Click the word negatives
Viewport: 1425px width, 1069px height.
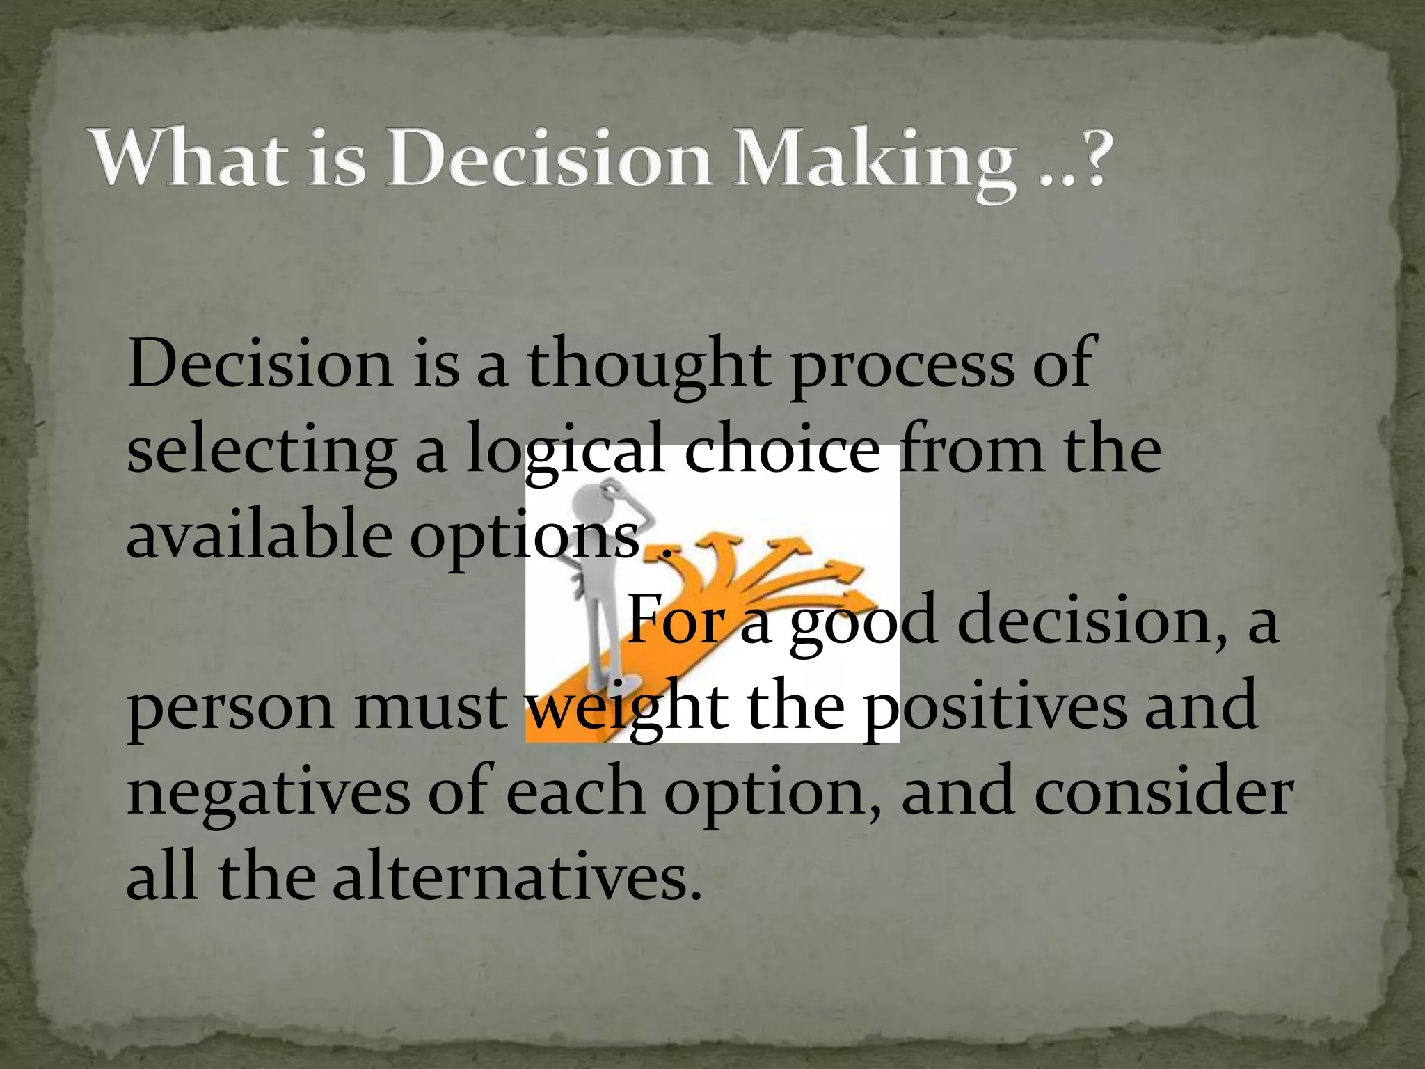(x=269, y=793)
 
